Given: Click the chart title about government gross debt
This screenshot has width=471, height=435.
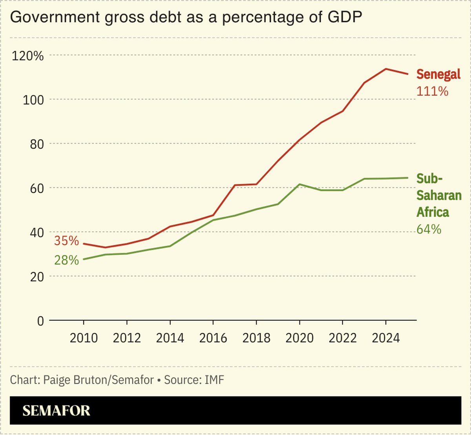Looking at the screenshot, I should click(x=186, y=18).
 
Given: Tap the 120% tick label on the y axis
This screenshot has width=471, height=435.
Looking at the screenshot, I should click(x=27, y=56).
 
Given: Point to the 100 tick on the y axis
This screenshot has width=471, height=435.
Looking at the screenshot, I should click(x=33, y=100).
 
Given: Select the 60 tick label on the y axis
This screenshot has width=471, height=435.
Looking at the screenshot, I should click(x=36, y=188).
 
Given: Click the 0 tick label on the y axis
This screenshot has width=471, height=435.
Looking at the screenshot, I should click(x=40, y=321).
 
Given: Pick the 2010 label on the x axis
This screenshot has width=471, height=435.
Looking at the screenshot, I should click(x=84, y=338).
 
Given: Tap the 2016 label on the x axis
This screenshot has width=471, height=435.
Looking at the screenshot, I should click(x=213, y=338).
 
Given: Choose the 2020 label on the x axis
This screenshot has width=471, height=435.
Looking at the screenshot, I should click(x=299, y=338).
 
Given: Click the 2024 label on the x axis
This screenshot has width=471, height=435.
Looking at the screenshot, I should click(x=385, y=338).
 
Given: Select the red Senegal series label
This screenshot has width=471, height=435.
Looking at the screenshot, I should click(x=438, y=74).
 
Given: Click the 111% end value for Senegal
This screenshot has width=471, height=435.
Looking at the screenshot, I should click(x=432, y=91).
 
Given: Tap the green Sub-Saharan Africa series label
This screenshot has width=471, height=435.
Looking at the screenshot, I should click(x=438, y=196).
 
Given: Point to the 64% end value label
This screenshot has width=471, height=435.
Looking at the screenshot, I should click(x=429, y=229).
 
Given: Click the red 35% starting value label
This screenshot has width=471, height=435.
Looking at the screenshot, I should click(x=66, y=241).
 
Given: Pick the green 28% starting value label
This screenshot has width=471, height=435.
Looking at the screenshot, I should click(x=66, y=260).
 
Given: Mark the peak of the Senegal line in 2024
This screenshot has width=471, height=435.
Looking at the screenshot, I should click(x=386, y=69).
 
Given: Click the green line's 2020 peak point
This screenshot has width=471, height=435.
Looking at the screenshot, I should click(x=299, y=184).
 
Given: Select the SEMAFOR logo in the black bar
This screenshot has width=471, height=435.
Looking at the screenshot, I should click(x=56, y=411).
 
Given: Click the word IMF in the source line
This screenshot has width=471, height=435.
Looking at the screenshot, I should click(x=214, y=380).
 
